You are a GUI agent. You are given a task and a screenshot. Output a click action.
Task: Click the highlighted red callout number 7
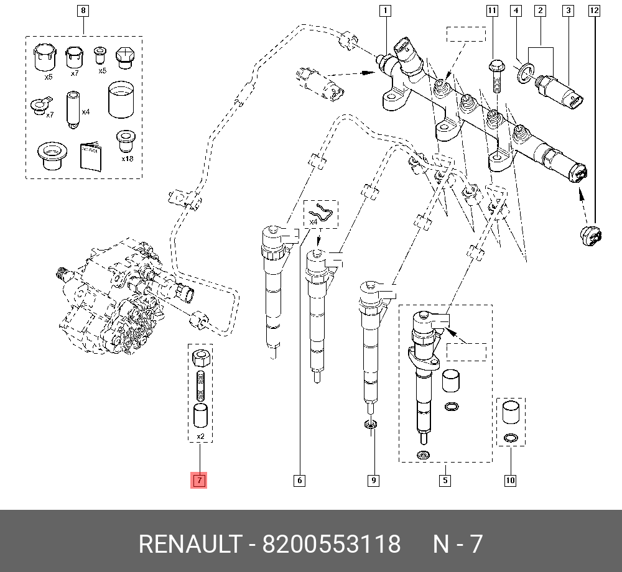pyautogui.click(x=198, y=480)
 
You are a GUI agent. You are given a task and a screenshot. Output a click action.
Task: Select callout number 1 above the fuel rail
pyautogui.click(x=386, y=11)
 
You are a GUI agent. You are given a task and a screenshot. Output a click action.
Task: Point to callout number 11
pyautogui.click(x=492, y=11)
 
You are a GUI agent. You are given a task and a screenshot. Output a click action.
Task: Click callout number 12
pyautogui.click(x=594, y=11)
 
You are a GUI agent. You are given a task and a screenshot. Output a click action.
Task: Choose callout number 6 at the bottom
pyautogui.click(x=299, y=480)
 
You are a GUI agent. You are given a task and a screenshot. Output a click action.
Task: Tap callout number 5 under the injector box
pyautogui.click(x=445, y=480)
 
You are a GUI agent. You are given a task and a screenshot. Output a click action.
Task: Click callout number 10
pyautogui.click(x=510, y=480)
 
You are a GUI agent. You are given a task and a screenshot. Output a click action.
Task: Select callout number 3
pyautogui.click(x=567, y=11)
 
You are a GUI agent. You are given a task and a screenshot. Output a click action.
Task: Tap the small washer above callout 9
pyautogui.click(x=371, y=425)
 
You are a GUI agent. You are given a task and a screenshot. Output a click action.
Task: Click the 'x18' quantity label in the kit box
pyautogui.click(x=128, y=159)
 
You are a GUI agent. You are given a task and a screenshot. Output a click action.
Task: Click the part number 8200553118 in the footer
pyautogui.click(x=332, y=544)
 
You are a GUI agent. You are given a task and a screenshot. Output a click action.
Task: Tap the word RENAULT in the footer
pyautogui.click(x=189, y=544)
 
